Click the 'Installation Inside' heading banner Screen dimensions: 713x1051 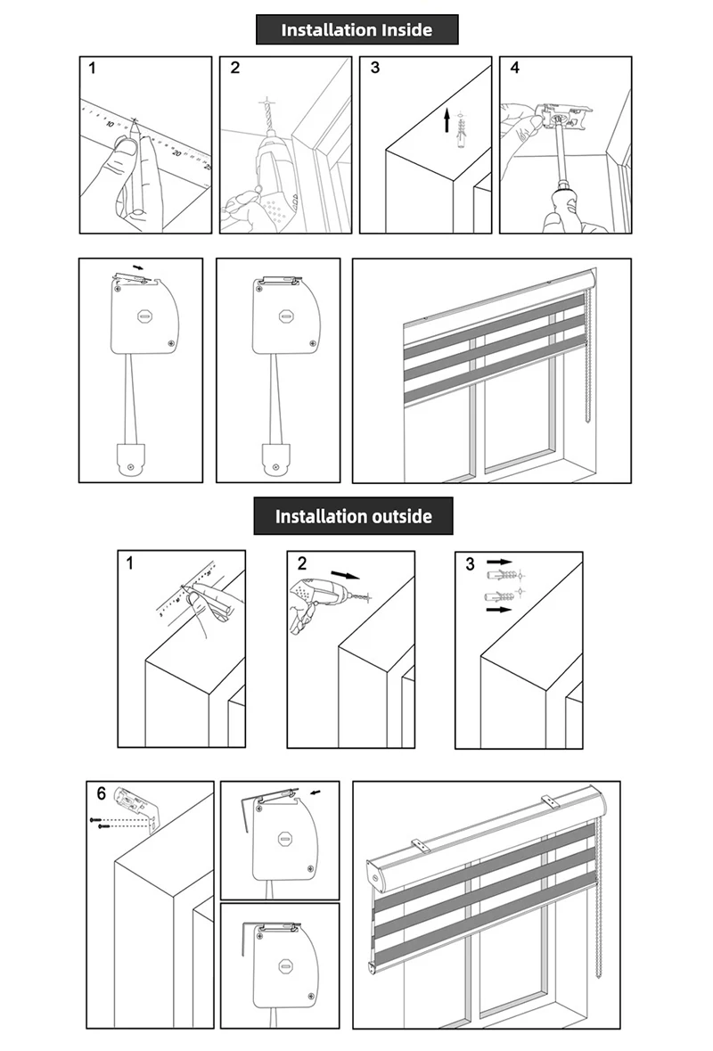pyautogui.click(x=356, y=29)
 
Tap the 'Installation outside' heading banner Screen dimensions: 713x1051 pyautogui.click(x=353, y=516)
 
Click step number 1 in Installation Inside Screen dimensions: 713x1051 pyautogui.click(x=92, y=68)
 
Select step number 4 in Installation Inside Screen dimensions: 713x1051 pyautogui.click(x=514, y=68)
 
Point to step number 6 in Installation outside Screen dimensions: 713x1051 pyautogui.click(x=101, y=793)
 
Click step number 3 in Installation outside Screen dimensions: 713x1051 pyautogui.click(x=470, y=563)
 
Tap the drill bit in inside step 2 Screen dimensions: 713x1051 pyautogui.click(x=266, y=117)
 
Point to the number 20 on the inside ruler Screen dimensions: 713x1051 pyautogui.click(x=176, y=153)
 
